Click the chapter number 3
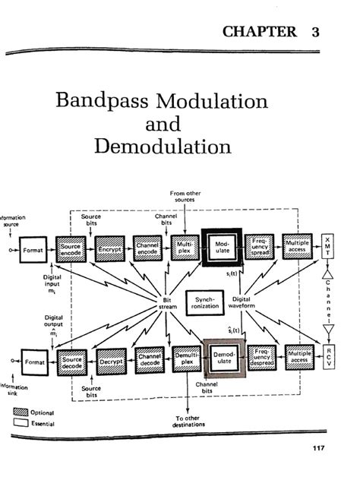coord(314,31)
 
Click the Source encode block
coord(71,249)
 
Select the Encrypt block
coord(109,249)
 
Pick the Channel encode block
coord(148,249)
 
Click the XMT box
coord(328,249)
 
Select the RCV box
coord(329,355)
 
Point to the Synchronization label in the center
coord(204,302)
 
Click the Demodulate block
coord(225,358)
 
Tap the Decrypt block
coord(111,362)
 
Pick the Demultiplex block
coord(187,359)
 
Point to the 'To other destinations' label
coord(186,422)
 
